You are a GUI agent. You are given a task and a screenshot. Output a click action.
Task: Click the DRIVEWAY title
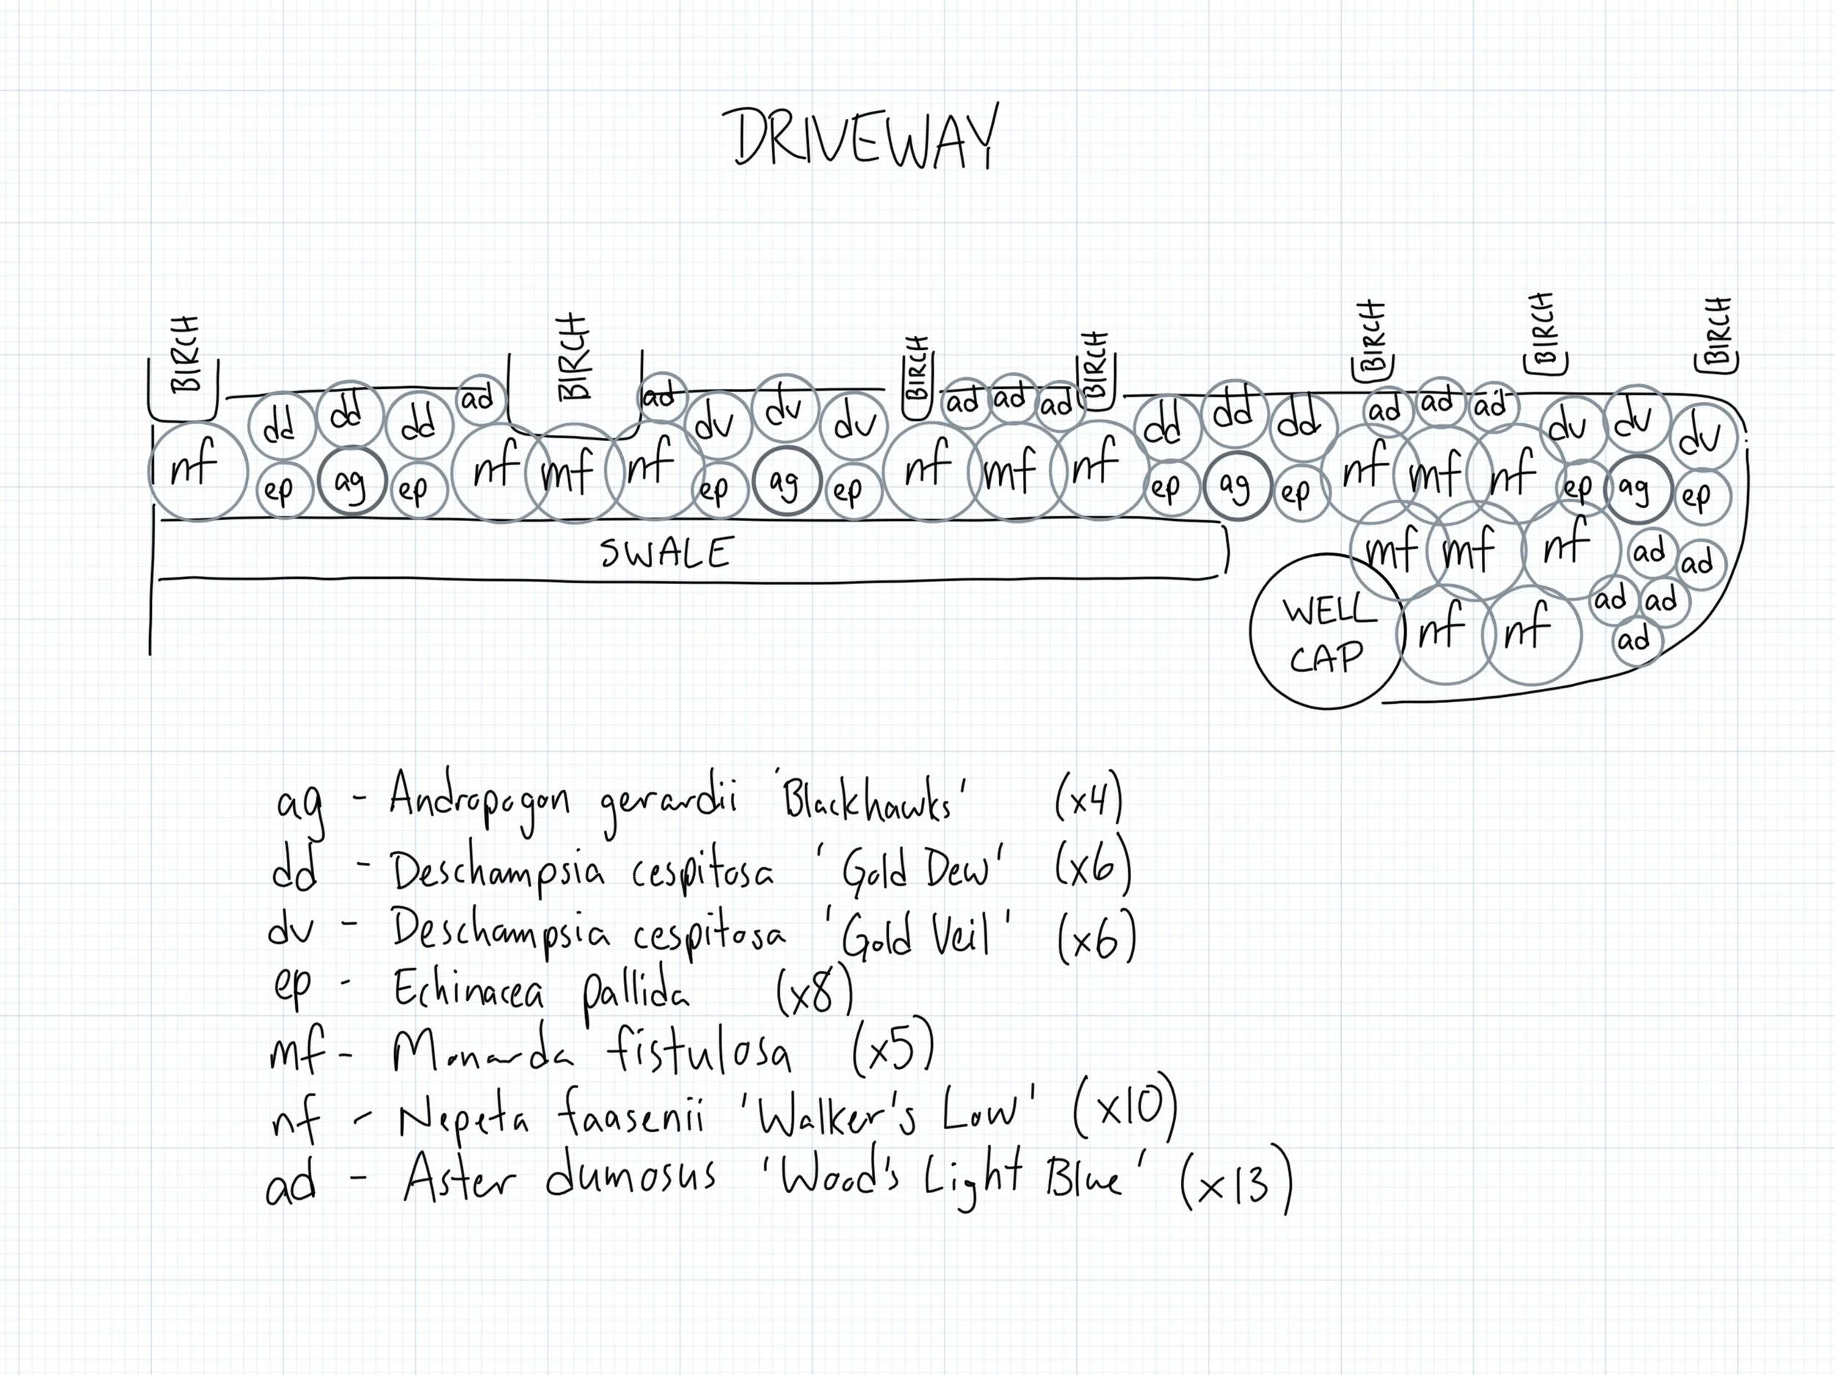tap(865, 138)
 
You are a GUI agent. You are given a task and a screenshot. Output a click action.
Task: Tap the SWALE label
tap(667, 553)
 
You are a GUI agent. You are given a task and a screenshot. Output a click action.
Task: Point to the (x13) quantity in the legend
tap(1236, 1181)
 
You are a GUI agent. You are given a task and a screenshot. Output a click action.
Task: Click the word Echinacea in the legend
tap(469, 988)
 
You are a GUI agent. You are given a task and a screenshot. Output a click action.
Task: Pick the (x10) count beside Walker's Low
tap(1126, 1108)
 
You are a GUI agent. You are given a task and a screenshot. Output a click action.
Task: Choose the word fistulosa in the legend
tap(699, 1051)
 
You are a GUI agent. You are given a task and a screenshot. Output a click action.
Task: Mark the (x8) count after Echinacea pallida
tap(814, 989)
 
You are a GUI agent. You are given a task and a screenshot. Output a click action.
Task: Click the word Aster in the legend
tap(459, 1178)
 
